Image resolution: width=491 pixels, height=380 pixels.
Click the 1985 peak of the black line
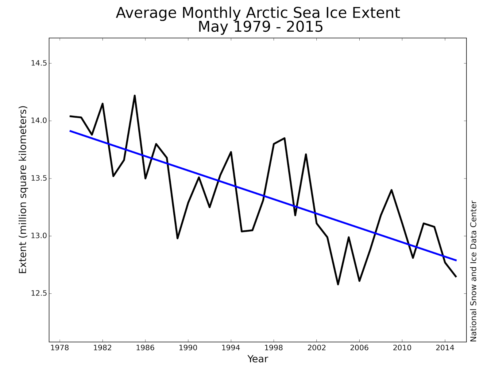(x=135, y=96)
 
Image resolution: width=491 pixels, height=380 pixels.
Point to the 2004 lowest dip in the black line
(x=338, y=284)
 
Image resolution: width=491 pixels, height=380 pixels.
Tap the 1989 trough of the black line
(x=177, y=238)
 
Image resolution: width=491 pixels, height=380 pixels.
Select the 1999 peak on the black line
(x=284, y=138)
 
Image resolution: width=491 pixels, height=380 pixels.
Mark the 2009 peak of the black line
(x=392, y=190)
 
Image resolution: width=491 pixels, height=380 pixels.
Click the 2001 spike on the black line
(x=306, y=154)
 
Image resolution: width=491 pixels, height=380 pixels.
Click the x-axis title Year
(x=258, y=359)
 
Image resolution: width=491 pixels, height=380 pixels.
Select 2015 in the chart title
(x=304, y=27)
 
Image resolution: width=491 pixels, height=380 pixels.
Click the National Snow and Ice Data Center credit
(x=474, y=271)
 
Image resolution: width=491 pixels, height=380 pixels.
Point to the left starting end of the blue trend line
(x=70, y=131)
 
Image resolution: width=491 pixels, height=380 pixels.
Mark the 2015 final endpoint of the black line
(x=456, y=276)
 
